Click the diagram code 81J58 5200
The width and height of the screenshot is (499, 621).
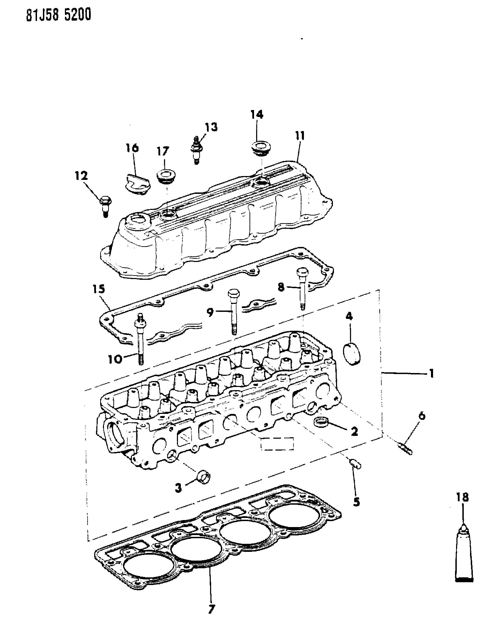[x=58, y=15]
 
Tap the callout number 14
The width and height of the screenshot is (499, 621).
[x=257, y=114]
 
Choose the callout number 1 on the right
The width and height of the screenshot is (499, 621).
[x=431, y=373]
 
